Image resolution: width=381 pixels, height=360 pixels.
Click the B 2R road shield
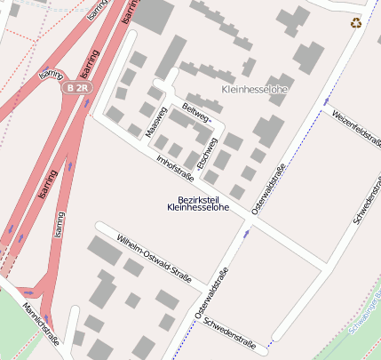(x=77, y=88)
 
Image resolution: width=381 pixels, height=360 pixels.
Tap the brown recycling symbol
(x=356, y=23)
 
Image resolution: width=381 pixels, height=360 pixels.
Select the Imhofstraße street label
(x=175, y=164)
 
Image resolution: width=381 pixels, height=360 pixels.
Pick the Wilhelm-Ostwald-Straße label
(x=155, y=260)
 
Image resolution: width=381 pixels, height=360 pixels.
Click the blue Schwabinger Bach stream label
(x=366, y=311)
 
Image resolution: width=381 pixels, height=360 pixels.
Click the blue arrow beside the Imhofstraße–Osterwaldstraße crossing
(x=248, y=233)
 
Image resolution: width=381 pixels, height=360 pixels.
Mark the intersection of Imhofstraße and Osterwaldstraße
(x=251, y=222)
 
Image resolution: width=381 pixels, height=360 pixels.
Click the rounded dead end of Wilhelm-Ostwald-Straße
(x=100, y=227)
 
